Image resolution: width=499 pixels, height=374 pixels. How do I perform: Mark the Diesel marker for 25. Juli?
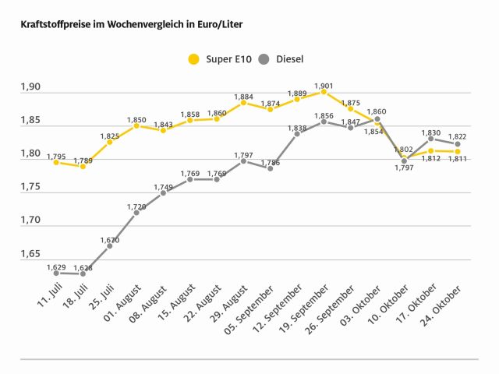click(x=110, y=245)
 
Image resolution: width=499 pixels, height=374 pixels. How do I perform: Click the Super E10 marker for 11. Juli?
click(x=56, y=162)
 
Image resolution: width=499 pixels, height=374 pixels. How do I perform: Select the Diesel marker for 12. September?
click(x=297, y=134)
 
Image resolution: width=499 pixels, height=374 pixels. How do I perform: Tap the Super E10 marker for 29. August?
click(x=243, y=103)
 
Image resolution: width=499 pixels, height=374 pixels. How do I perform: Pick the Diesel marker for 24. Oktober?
click(x=457, y=144)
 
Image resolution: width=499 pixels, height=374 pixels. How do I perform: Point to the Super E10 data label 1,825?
click(x=110, y=136)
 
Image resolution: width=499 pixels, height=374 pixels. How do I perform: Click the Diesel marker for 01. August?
click(x=136, y=212)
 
